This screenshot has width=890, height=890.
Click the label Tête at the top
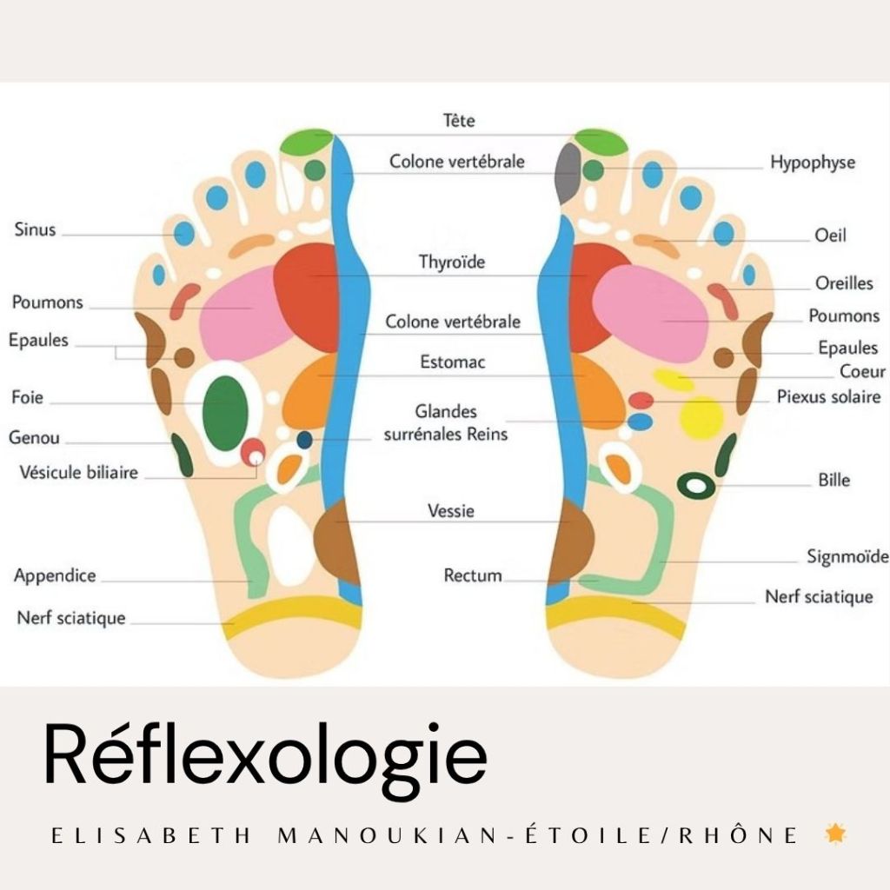[459, 121]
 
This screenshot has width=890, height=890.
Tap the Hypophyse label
[812, 163]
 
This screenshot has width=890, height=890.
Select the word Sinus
[35, 230]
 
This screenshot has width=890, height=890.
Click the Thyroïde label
[452, 262]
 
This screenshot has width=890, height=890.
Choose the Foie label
[27, 399]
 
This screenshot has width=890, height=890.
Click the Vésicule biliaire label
[78, 473]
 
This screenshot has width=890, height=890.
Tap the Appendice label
[55, 575]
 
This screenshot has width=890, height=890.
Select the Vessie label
[451, 511]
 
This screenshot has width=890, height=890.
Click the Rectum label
[472, 575]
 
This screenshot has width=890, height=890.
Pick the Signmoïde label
[847, 556]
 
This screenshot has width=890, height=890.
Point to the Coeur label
[862, 372]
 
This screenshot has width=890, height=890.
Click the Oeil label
[830, 236]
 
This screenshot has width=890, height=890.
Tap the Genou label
[34, 438]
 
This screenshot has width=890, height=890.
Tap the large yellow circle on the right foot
[701, 418]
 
